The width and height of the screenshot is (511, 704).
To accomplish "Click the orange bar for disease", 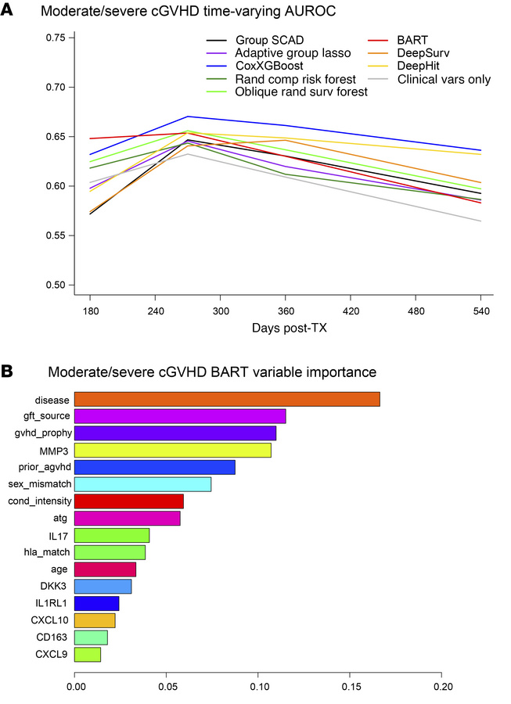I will [x=227, y=400].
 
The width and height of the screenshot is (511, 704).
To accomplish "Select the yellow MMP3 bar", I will [x=173, y=451].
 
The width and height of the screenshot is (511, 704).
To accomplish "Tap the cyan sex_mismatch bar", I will [x=142, y=484].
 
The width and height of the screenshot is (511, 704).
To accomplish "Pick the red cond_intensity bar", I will [x=129, y=501].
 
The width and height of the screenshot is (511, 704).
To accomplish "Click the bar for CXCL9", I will [x=88, y=654].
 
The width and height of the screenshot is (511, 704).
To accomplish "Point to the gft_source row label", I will [x=48, y=416].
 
